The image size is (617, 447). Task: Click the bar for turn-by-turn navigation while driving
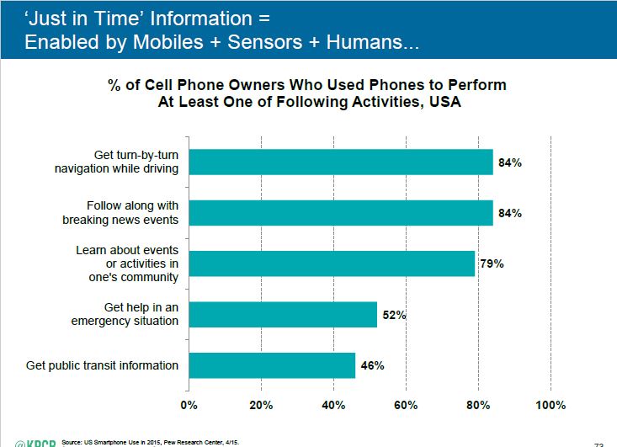(x=340, y=162)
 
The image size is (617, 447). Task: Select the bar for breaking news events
(x=340, y=213)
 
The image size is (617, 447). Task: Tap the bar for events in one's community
(x=332, y=263)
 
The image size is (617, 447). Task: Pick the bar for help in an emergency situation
(x=283, y=314)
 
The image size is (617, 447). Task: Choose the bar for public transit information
(x=272, y=365)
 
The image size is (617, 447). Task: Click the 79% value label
(x=492, y=263)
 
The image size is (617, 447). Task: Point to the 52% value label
(x=394, y=315)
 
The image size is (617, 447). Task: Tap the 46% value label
(x=372, y=365)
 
